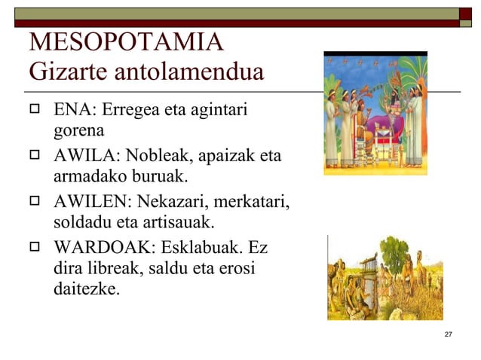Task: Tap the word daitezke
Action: click(86, 288)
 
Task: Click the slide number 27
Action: click(449, 334)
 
